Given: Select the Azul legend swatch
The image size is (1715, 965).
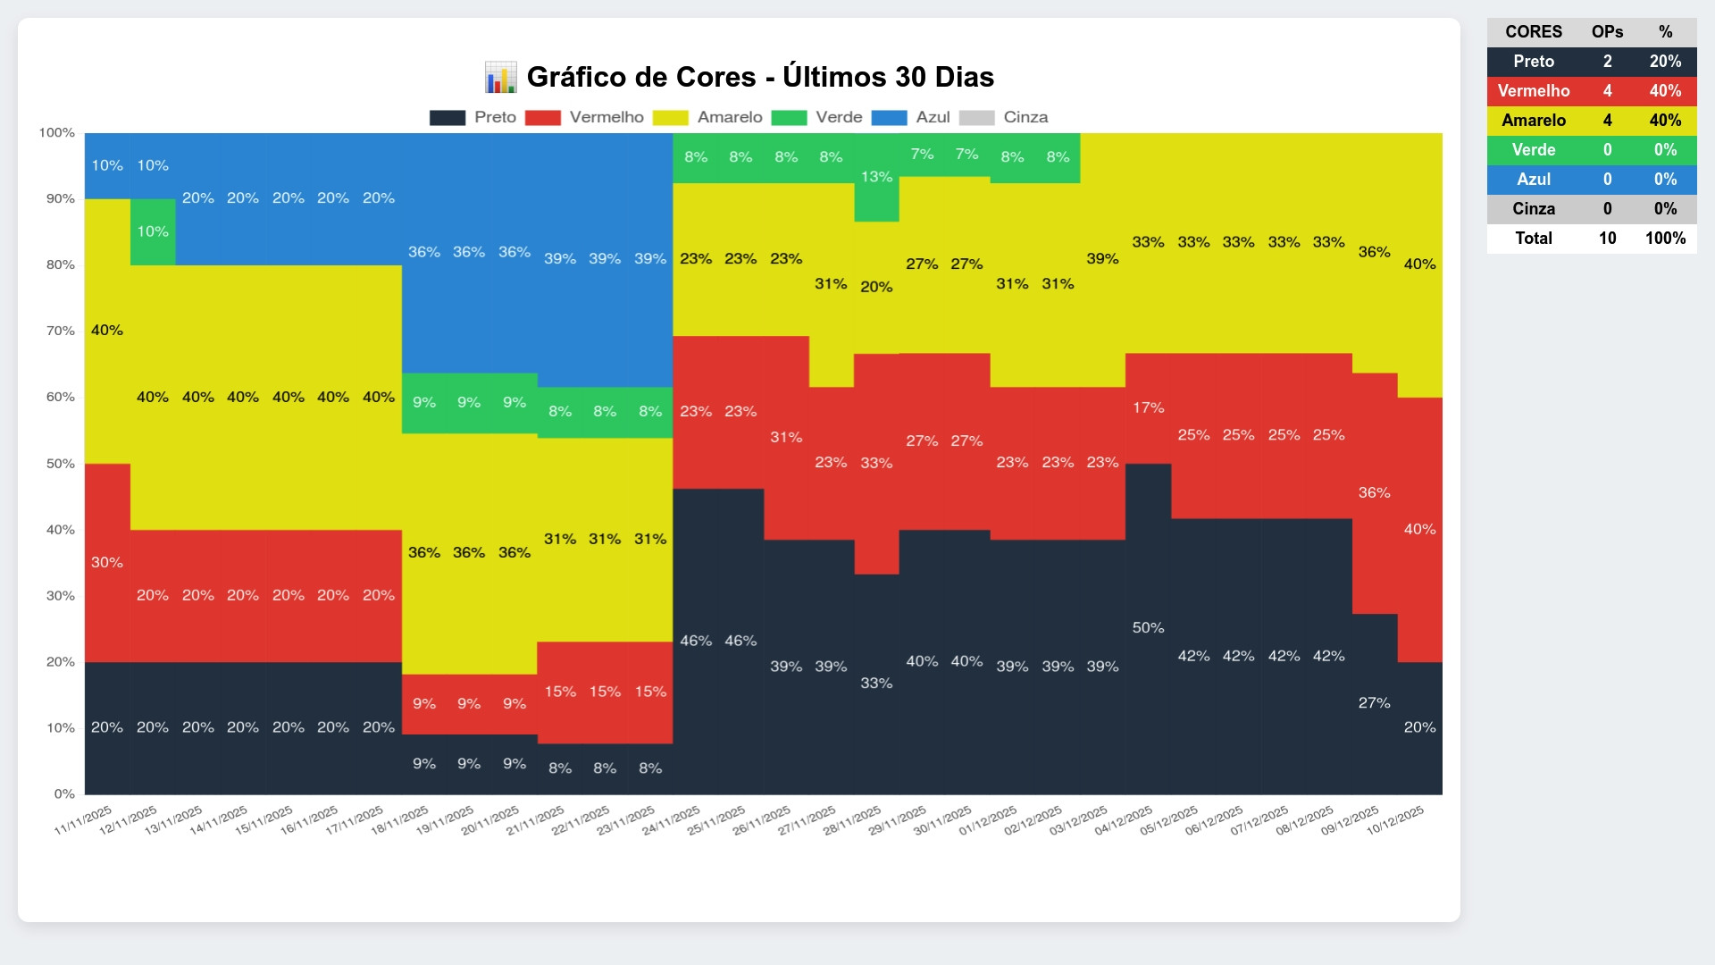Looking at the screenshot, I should click(889, 118).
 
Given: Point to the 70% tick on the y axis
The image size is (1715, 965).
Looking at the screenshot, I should click(61, 331).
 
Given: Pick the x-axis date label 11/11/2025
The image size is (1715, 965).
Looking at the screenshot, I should click(84, 820).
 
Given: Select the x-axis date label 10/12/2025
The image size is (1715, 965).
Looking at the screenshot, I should click(1396, 820).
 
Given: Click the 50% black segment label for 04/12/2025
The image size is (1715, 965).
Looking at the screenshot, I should click(1148, 628).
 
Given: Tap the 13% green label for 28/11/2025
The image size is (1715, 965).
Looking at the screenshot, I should click(876, 177).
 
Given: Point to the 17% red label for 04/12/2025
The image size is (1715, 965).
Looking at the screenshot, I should click(1148, 407).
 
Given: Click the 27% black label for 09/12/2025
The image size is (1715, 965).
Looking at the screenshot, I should click(1374, 703).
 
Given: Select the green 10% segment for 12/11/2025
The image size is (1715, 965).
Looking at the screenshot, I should click(153, 232).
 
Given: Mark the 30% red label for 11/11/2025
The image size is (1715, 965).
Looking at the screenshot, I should click(107, 562).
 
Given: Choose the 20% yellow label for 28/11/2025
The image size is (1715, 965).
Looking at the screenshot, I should click(876, 287).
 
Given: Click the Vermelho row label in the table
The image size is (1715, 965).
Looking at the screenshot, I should click(1533, 91).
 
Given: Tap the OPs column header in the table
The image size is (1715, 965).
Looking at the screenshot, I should click(1607, 32).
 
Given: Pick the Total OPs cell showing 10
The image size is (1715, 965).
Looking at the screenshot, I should click(1607, 239).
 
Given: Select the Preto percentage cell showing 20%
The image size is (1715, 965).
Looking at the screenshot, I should click(1665, 62).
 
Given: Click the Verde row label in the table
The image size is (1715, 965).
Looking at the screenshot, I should click(1533, 150).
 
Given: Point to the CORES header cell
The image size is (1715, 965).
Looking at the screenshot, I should click(1533, 32).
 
